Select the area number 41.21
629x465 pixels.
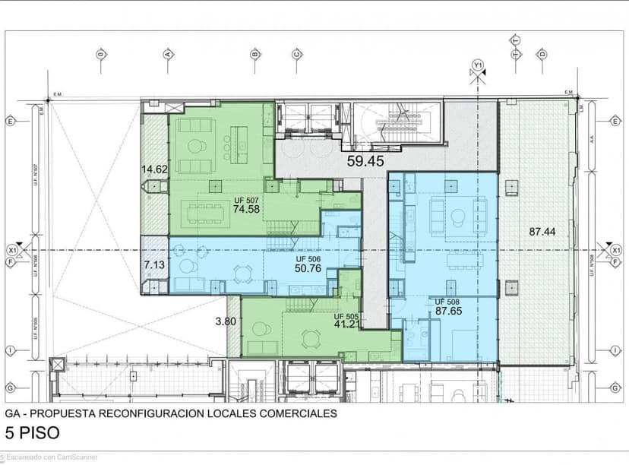[346, 324]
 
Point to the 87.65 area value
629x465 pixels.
[450, 310]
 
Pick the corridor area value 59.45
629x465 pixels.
[365, 160]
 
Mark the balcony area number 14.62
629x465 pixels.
[153, 169]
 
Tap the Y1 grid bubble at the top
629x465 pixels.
[478, 65]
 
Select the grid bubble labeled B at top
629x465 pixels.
[255, 54]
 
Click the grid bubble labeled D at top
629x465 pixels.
[542, 54]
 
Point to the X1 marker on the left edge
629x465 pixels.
[11, 250]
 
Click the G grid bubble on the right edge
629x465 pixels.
[614, 387]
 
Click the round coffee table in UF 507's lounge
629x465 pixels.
[197, 146]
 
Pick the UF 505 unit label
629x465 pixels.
[346, 315]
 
